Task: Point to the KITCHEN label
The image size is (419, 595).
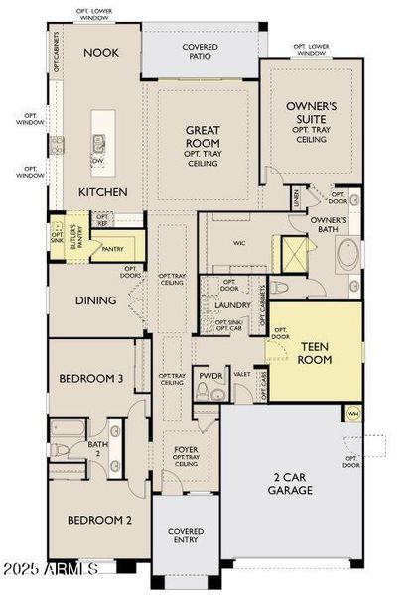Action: click(x=103, y=191)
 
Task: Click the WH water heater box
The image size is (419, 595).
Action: click(x=352, y=412)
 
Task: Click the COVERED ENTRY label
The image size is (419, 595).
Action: click(x=185, y=535)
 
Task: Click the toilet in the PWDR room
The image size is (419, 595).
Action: click(x=205, y=393)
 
